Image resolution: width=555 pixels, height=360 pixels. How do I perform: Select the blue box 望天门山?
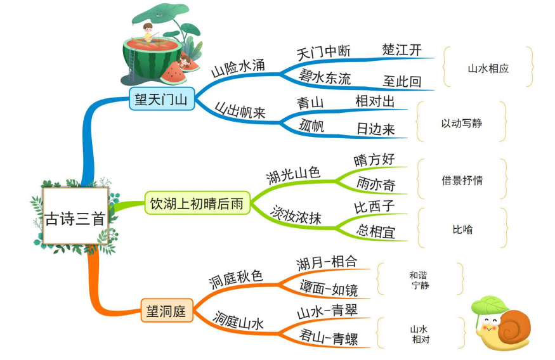click(161, 99)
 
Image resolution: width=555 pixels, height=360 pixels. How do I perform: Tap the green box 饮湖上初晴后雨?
click(197, 203)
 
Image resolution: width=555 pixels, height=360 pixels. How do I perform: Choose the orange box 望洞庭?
click(166, 311)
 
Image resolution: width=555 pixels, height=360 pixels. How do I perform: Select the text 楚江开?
click(402, 50)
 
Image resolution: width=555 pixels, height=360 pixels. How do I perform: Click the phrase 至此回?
click(402, 81)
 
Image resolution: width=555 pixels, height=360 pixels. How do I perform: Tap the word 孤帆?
click(311, 126)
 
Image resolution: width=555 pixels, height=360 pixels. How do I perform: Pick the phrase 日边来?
click(375, 129)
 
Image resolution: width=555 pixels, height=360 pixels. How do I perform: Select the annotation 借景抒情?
click(462, 180)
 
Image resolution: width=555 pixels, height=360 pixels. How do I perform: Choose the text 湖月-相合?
click(327, 262)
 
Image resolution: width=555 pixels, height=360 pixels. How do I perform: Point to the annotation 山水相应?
click(488, 68)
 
